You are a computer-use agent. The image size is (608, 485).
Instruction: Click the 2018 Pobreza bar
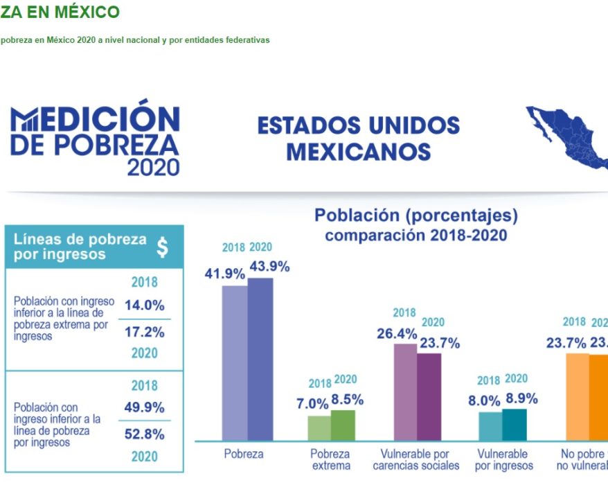[235, 362]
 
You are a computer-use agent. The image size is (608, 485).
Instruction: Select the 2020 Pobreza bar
[260, 359]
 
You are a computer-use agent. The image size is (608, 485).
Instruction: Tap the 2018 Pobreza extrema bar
[319, 427]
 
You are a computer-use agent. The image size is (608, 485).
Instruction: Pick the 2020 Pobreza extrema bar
[343, 425]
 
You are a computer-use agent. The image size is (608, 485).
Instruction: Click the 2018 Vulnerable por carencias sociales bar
[405, 391]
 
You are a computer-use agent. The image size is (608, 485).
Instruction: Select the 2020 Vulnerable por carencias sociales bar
[429, 396]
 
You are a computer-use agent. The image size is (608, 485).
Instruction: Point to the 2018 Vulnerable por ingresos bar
[490, 426]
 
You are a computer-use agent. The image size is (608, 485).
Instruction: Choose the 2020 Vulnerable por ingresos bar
[514, 424]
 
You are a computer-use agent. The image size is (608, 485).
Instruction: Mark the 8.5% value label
[347, 400]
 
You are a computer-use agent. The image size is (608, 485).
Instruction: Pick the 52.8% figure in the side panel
[144, 434]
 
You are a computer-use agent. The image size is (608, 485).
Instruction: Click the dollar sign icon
[162, 247]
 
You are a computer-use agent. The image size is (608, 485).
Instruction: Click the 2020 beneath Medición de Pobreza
[153, 167]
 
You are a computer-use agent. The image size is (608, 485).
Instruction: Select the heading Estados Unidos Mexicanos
[358, 138]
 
